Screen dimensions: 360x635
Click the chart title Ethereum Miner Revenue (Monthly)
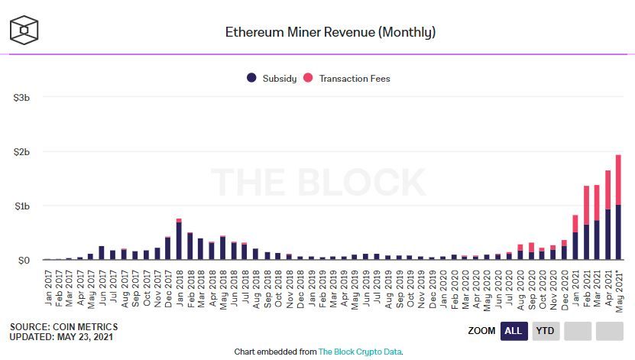330,32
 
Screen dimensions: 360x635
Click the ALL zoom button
514,331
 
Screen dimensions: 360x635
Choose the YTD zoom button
544,331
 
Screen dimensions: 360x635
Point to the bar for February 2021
585,229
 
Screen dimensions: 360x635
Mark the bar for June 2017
102,254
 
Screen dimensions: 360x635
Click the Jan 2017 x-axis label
47,287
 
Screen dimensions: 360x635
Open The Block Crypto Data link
360,352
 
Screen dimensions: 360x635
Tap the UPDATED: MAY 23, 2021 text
63,337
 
